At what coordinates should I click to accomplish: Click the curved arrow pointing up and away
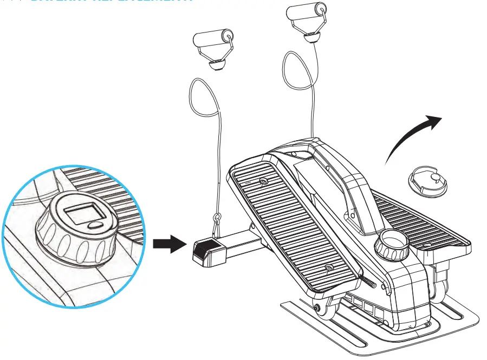point(412,135)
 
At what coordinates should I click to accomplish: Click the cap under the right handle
point(311,37)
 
